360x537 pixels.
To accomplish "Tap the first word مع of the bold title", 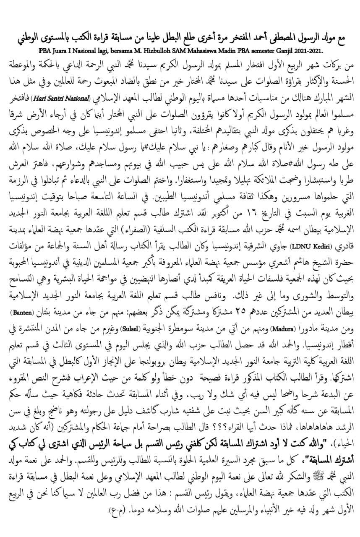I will tap(351, 38).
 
